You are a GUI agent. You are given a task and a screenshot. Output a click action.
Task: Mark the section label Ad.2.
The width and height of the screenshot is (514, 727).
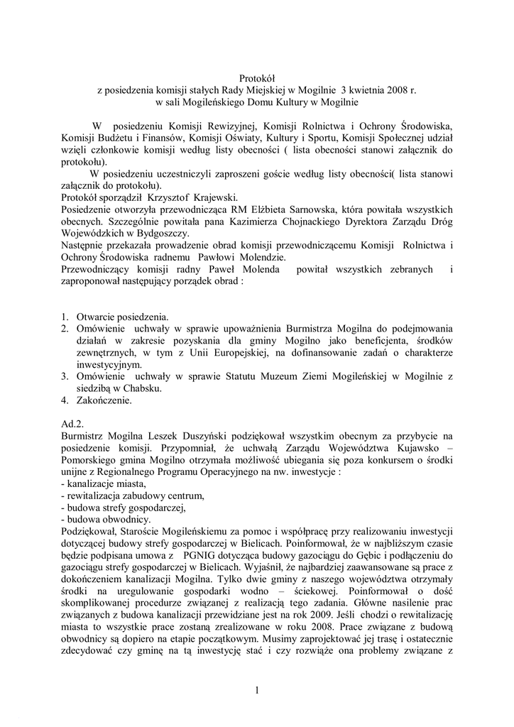tap(72, 423)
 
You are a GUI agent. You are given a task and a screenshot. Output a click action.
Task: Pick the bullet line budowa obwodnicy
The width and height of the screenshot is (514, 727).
tap(106, 519)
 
